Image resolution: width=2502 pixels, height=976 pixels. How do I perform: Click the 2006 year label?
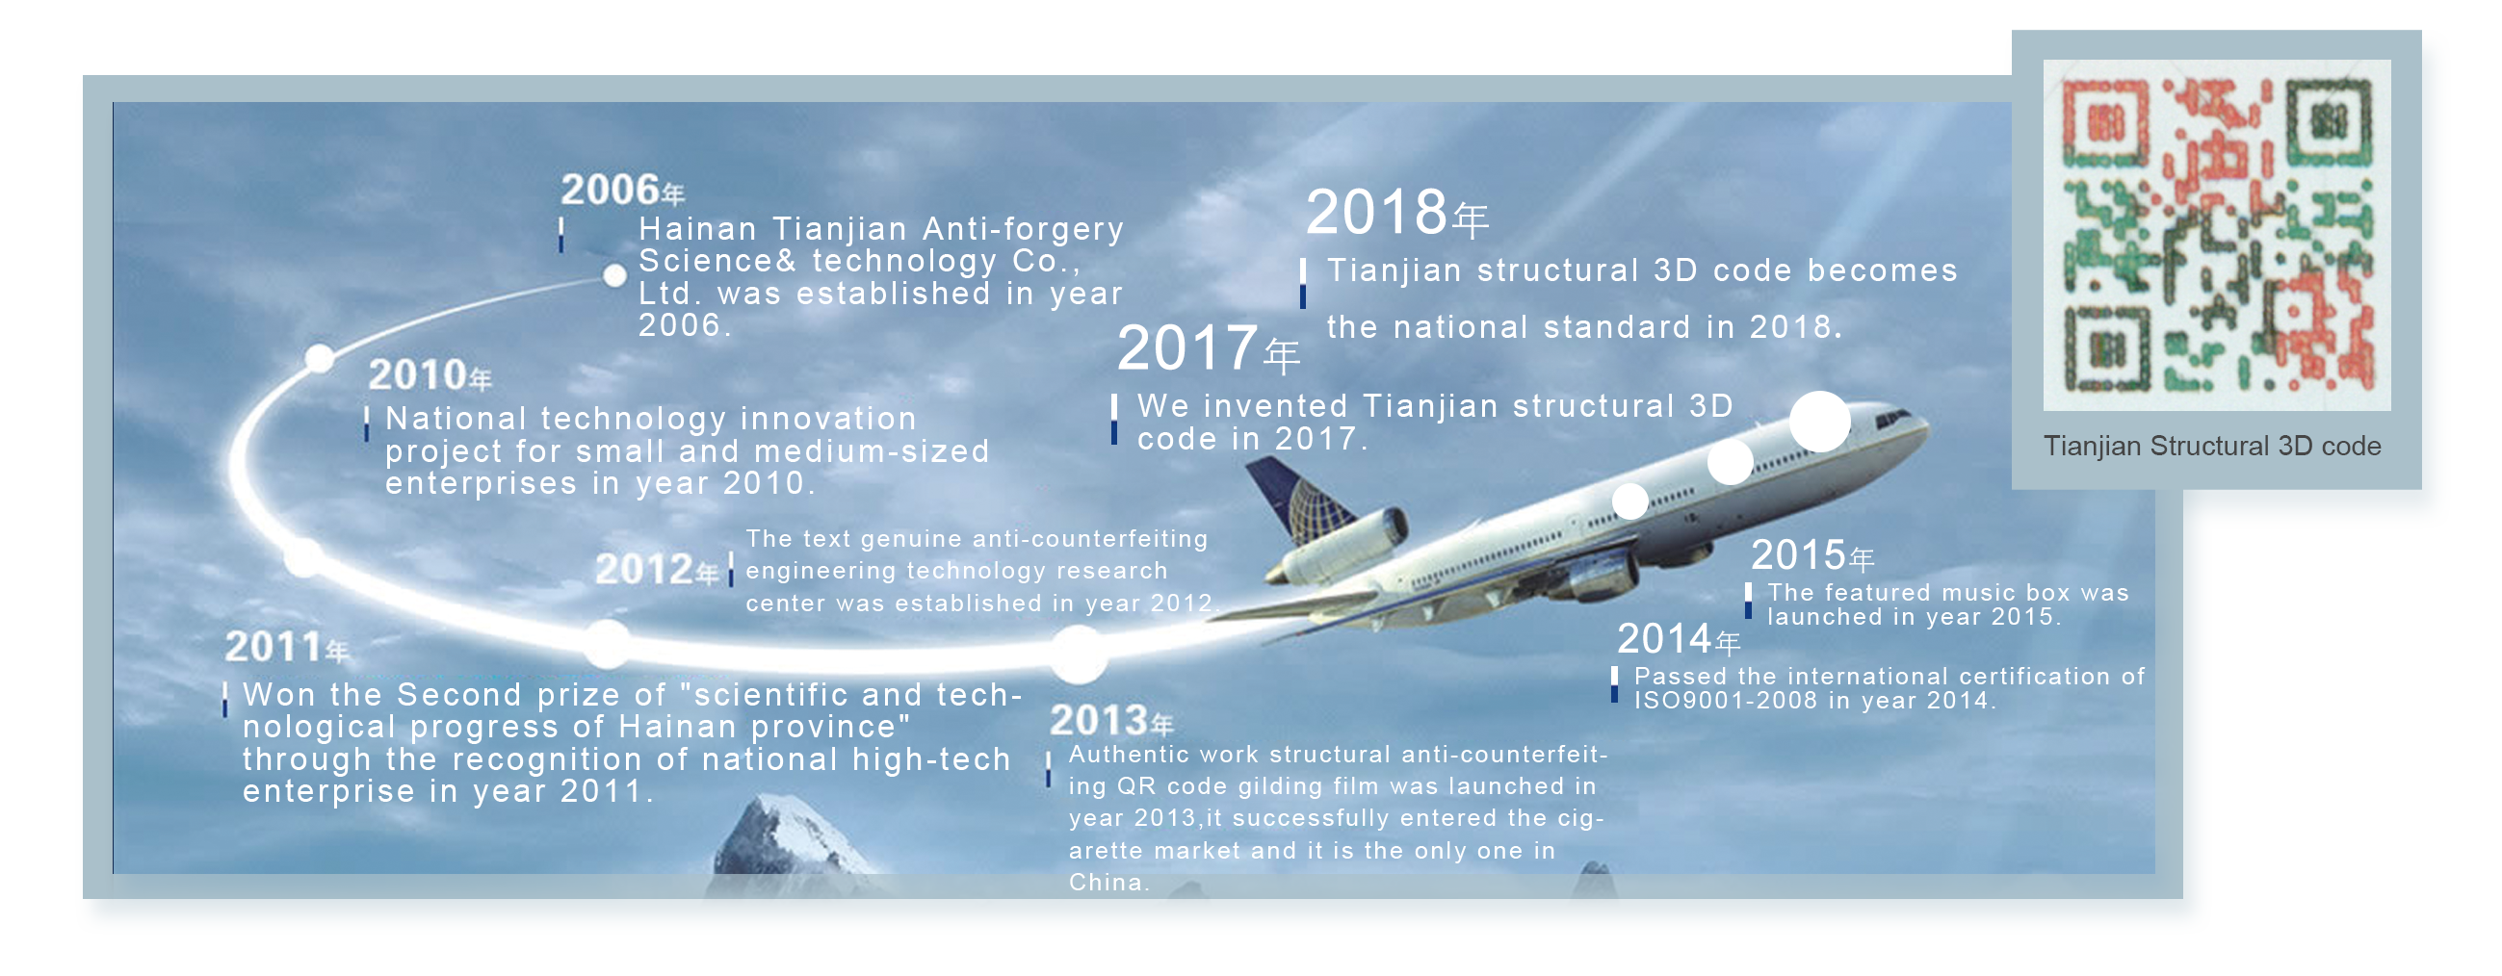(x=622, y=190)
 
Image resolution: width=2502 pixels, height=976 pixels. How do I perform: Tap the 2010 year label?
(x=430, y=374)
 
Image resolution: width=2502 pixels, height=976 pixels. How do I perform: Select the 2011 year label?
(x=287, y=647)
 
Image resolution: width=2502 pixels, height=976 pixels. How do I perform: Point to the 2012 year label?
(x=658, y=569)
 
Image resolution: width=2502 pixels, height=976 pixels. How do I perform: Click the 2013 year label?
(x=1112, y=721)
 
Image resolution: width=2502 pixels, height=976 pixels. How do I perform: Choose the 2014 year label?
(x=1679, y=639)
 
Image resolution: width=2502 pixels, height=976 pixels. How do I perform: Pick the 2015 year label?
(x=1812, y=555)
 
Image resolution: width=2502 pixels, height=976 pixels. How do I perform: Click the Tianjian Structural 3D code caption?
(x=2211, y=446)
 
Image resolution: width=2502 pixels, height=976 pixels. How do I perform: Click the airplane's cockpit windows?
(x=1894, y=420)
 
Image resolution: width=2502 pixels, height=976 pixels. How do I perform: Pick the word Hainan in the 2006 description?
(x=697, y=229)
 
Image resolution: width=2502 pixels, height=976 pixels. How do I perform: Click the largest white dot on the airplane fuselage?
(x=1819, y=422)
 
